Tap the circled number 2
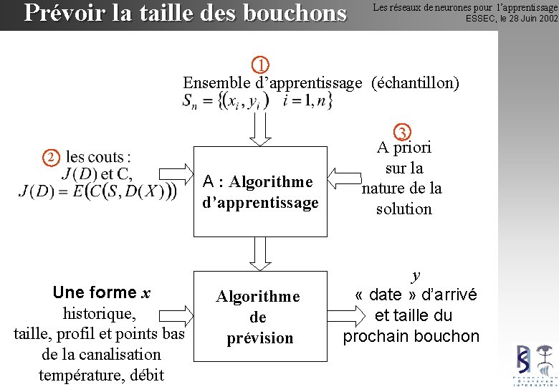click(x=50, y=157)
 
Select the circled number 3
click(x=403, y=133)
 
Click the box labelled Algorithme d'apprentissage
click(x=260, y=191)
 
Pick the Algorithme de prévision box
click(x=258, y=317)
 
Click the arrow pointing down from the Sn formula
click(x=260, y=128)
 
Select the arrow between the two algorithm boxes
click(x=260, y=253)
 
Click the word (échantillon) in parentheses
click(x=415, y=82)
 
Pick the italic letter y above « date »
click(x=416, y=276)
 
